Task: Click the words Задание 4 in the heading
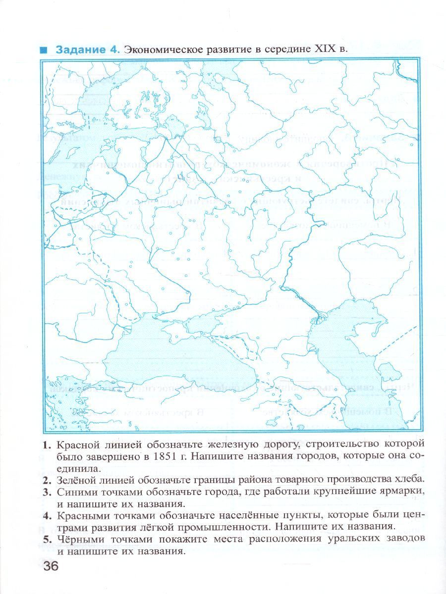coord(87,49)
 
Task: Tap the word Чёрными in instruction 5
coord(78,539)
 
